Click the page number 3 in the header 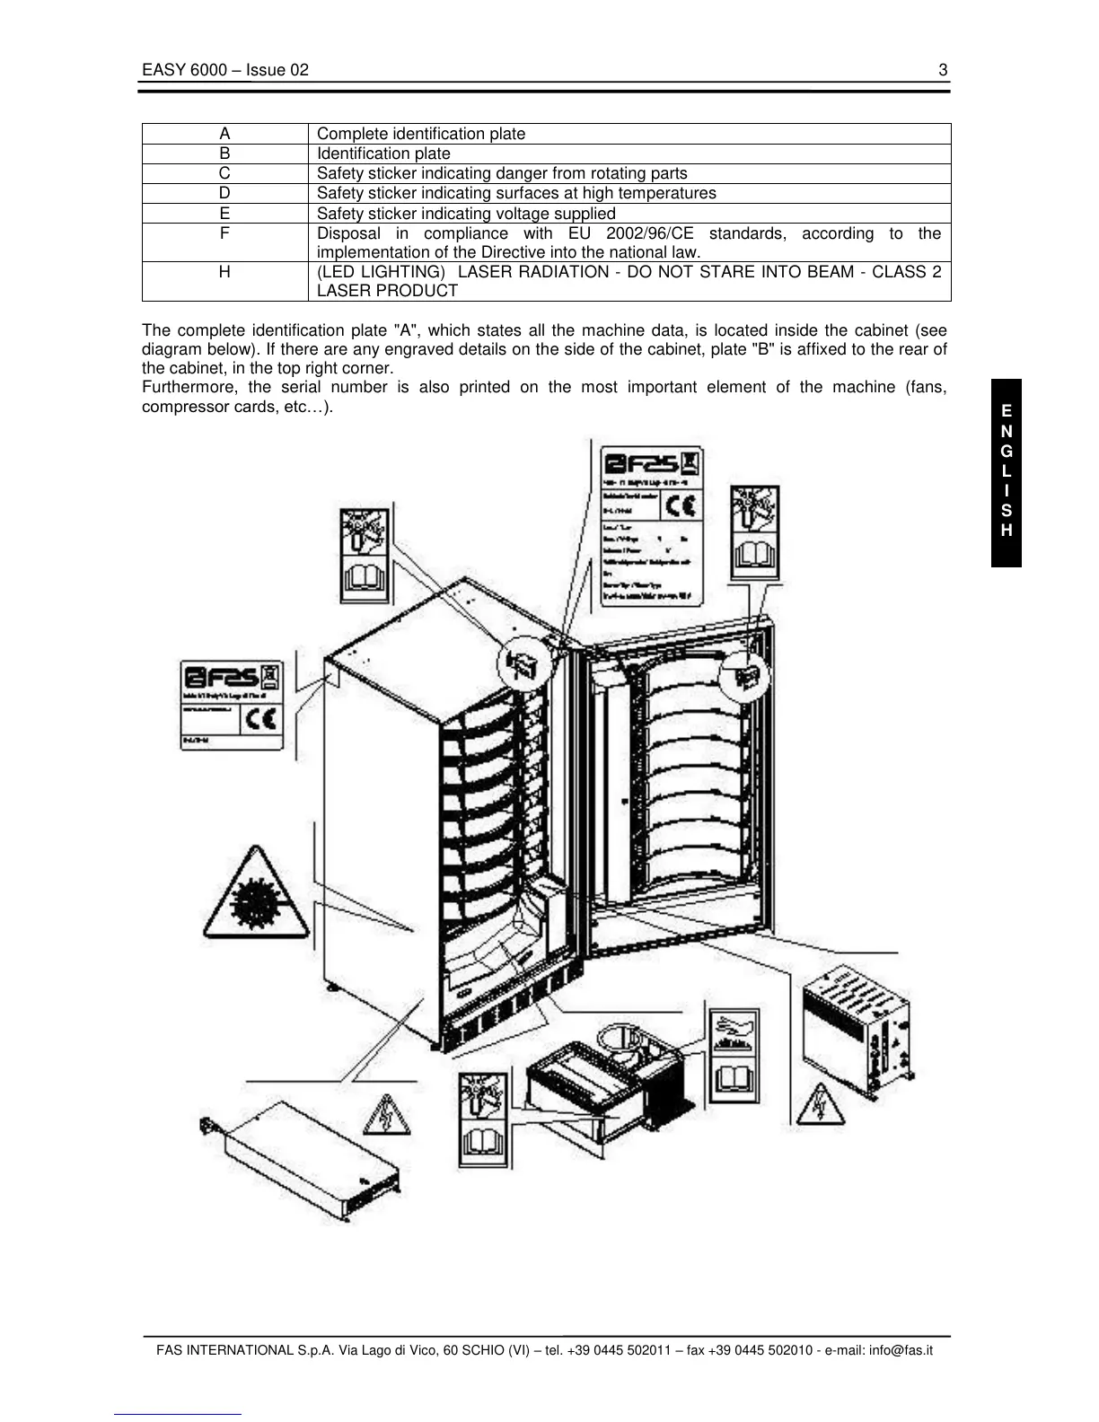943,70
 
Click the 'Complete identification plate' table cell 421,134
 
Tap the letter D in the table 224,193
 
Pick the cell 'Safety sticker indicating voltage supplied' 466,214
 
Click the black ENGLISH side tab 1006,472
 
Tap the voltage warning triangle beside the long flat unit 386,1116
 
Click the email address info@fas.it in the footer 901,1350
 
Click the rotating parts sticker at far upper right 754,533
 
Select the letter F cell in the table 224,233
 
